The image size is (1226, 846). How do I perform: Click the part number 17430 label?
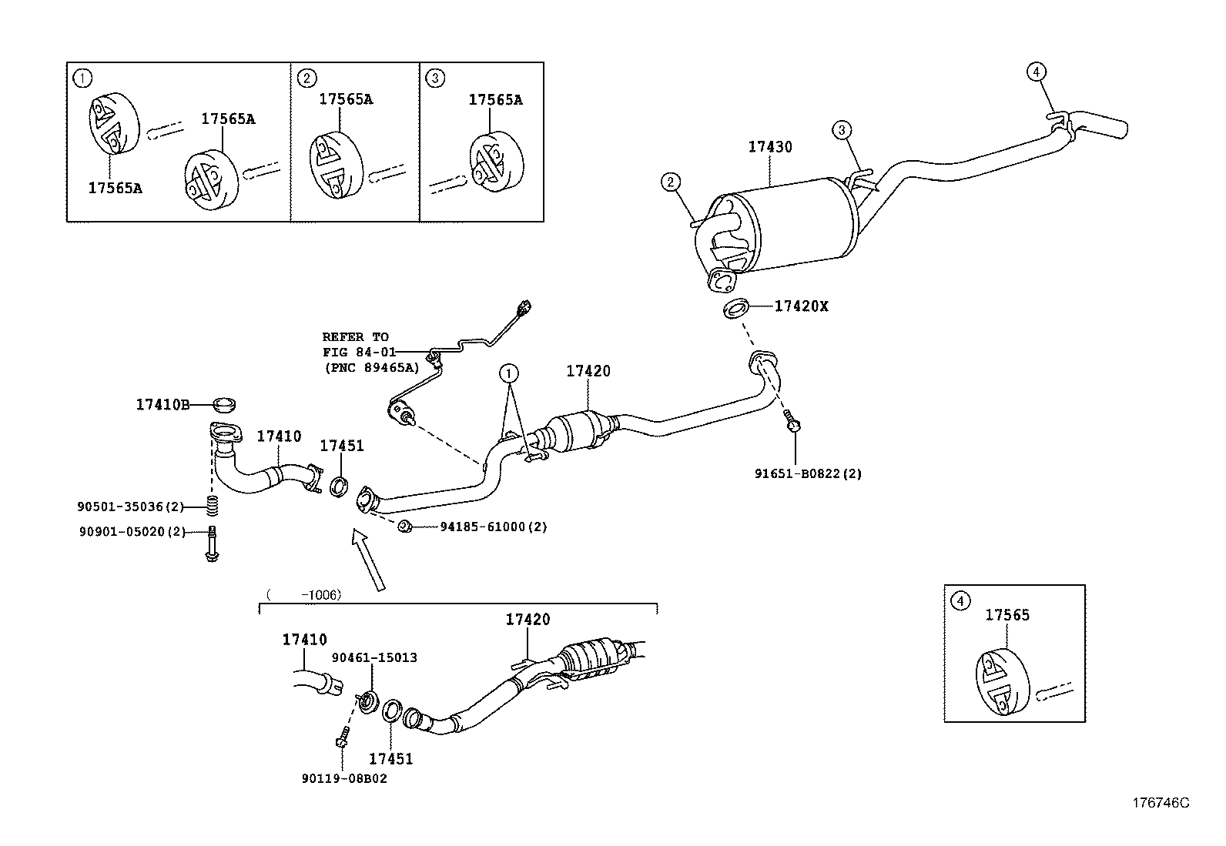769,147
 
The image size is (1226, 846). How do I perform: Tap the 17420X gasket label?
801,306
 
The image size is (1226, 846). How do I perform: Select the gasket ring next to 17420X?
736,309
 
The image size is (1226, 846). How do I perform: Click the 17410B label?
162,404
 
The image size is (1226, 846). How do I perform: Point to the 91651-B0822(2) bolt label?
808,474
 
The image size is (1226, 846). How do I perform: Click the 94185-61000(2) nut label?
493,527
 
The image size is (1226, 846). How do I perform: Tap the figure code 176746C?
1160,803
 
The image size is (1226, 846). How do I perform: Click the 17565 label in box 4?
1007,615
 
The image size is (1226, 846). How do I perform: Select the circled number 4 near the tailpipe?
1037,72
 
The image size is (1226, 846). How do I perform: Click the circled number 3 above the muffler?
842,130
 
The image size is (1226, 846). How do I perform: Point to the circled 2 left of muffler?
671,182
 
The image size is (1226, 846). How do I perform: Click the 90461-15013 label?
374,657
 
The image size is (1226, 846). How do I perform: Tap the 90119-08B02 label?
344,778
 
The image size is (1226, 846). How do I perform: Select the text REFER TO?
355,337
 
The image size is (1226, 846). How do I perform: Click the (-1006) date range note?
303,594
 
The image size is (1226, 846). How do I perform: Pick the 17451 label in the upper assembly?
341,446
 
